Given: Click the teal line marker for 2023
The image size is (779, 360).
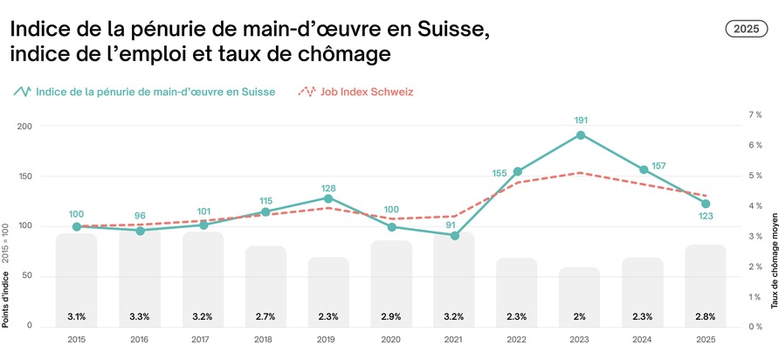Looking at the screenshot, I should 580,135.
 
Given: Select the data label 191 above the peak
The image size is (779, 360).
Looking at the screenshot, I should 580,120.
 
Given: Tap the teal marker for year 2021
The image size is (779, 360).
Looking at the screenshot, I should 454,235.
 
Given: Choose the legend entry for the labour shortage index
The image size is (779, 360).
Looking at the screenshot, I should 144,91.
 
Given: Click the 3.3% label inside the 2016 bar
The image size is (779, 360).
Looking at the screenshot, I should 140,315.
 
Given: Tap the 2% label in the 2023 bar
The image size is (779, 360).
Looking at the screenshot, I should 580,315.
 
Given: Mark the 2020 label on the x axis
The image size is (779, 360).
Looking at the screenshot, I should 391,339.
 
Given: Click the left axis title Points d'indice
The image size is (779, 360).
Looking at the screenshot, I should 7,301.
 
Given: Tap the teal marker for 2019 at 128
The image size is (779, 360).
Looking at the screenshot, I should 328,198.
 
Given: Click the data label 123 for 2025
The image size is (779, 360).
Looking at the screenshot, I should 706,216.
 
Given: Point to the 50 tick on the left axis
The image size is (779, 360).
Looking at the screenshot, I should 26,276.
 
